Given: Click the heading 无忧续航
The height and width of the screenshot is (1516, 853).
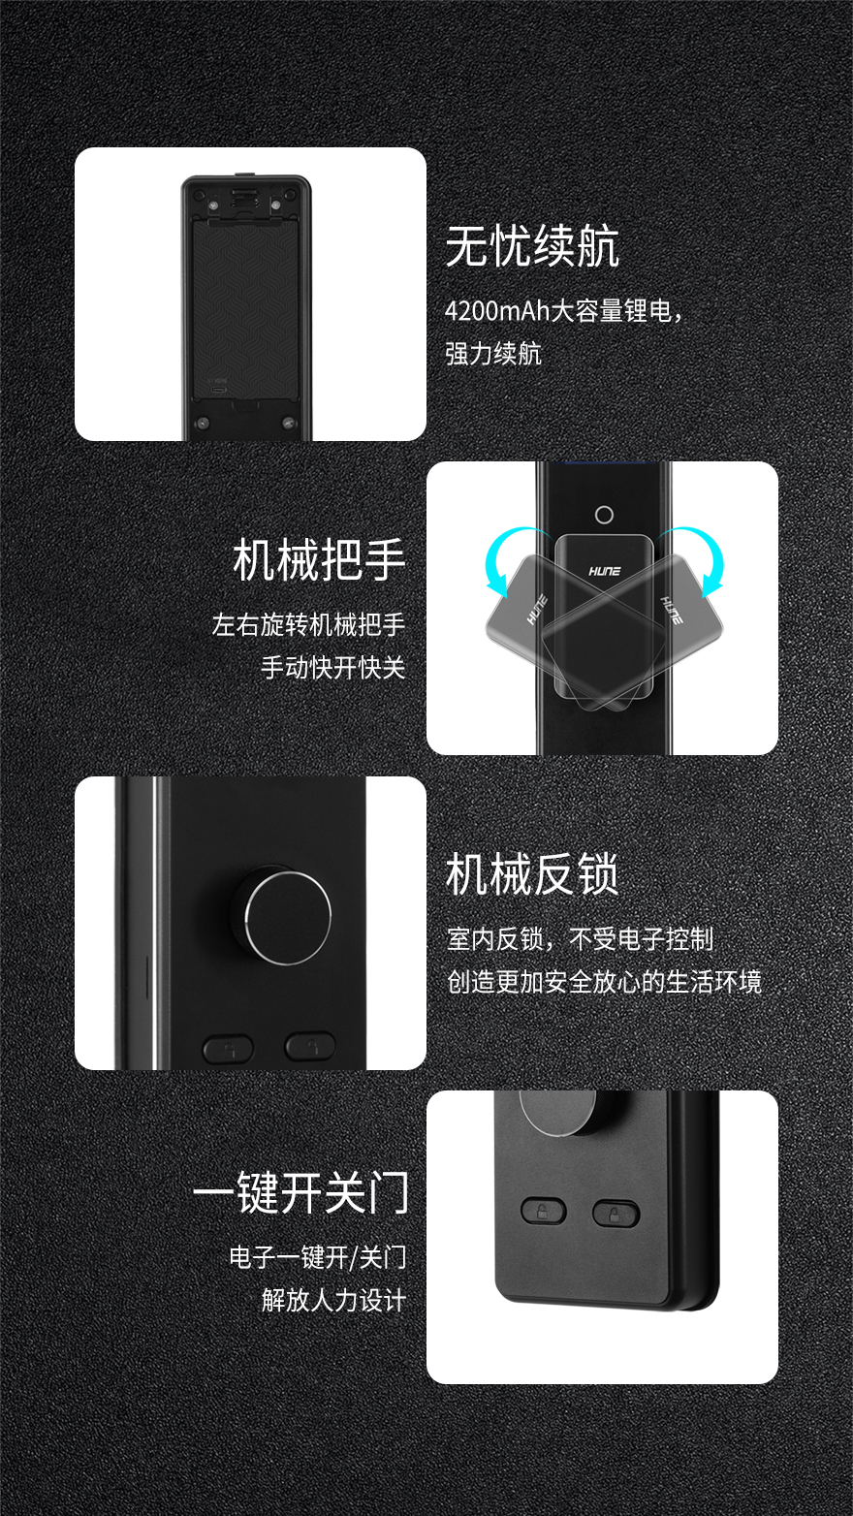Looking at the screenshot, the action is pyautogui.click(x=532, y=246).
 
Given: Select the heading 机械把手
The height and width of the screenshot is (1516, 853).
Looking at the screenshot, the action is pyautogui.click(x=319, y=560).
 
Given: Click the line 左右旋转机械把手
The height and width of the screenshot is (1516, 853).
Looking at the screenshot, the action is pyautogui.click(x=308, y=624).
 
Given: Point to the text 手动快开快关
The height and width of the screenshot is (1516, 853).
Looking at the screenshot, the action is pyautogui.click(x=333, y=668).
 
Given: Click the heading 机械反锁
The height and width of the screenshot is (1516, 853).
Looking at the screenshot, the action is pyautogui.click(x=532, y=874).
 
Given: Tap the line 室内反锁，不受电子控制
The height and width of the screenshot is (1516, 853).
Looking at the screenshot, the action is pyautogui.click(x=581, y=938).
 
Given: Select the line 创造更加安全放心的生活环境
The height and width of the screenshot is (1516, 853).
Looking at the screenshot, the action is pyautogui.click(x=605, y=981).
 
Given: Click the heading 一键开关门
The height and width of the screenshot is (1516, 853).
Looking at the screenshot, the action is pyautogui.click(x=301, y=1192).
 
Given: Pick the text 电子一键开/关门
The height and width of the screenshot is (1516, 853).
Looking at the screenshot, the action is pyautogui.click(x=318, y=1257).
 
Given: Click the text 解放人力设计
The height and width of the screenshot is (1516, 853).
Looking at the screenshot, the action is pyautogui.click(x=333, y=1300).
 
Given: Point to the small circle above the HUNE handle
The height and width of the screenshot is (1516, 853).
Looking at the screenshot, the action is pyautogui.click(x=604, y=515).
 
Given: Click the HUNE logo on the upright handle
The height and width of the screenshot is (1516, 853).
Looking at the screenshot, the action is pyautogui.click(x=605, y=571).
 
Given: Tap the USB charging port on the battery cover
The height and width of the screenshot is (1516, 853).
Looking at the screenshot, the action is pyautogui.click(x=219, y=391).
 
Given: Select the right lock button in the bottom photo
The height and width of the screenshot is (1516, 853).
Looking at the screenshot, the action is pyautogui.click(x=616, y=1214).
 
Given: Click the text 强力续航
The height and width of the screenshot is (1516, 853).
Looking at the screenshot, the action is pyautogui.click(x=493, y=354).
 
